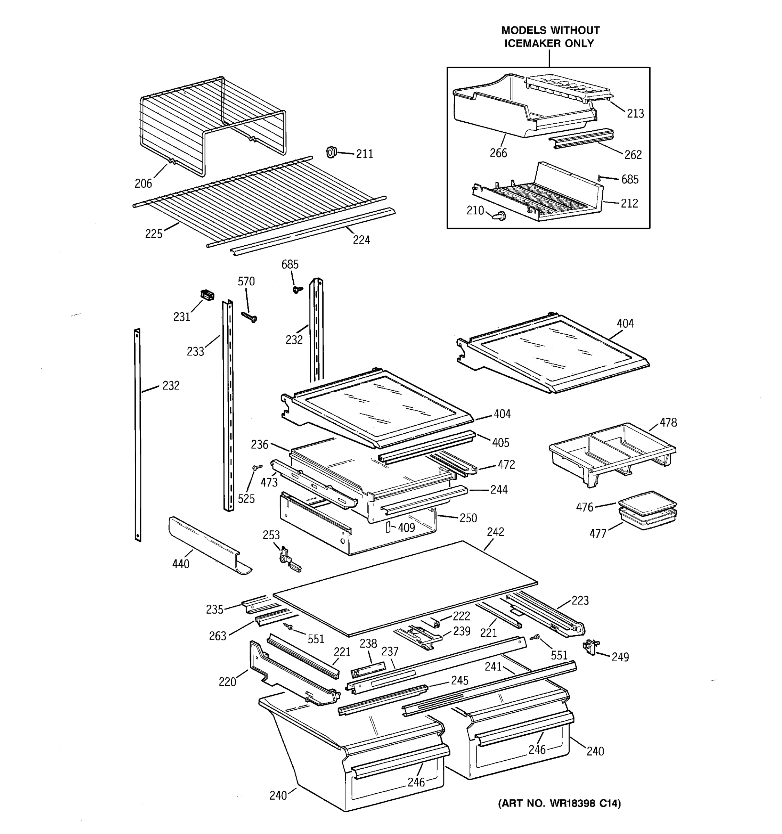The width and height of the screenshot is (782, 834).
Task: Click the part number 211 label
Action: [x=364, y=154]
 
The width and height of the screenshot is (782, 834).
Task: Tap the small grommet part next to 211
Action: [x=332, y=152]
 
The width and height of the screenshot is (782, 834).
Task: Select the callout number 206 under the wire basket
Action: [x=143, y=183]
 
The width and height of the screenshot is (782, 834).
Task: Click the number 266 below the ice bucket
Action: [x=498, y=153]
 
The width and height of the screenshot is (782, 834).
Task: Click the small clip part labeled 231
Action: [x=207, y=295]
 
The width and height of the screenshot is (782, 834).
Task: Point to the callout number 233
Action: [x=195, y=352]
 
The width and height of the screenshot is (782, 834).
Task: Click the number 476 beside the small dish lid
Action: [x=584, y=507]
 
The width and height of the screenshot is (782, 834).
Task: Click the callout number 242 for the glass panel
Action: [x=496, y=532]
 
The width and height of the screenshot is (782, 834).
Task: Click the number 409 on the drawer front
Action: [x=406, y=528]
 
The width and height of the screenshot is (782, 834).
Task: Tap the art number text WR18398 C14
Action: [x=579, y=803]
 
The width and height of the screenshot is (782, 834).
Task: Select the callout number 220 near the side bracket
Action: [x=227, y=682]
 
